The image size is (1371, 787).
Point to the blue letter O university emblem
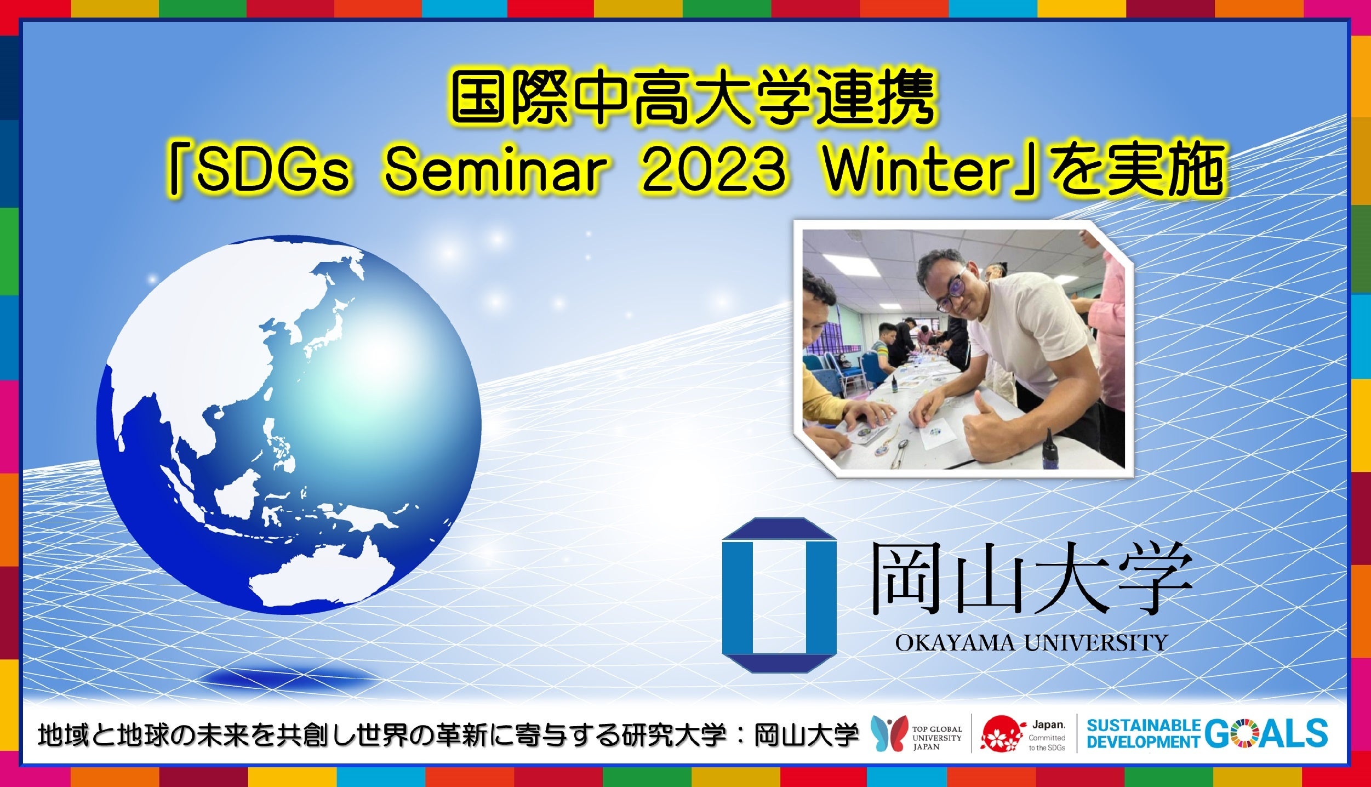[779, 595]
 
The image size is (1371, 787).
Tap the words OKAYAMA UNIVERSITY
[1031, 642]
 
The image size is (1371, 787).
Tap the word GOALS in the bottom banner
[1266, 733]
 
